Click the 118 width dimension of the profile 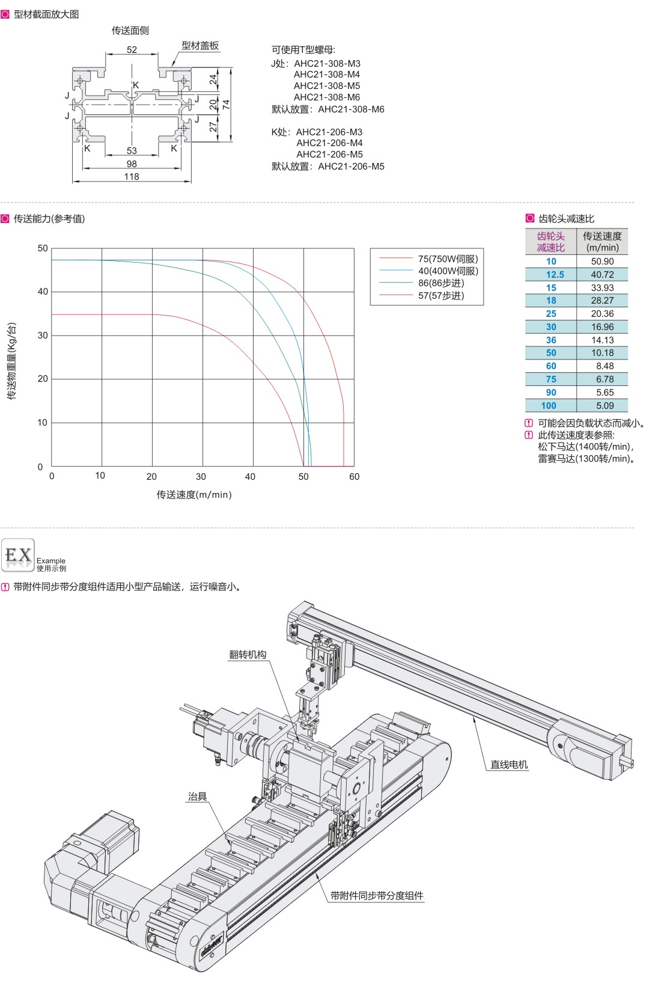132,176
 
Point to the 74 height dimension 226,105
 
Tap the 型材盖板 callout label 200,46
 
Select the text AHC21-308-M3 327,64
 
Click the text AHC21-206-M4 329,143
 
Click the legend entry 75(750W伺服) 448,259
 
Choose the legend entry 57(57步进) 440,295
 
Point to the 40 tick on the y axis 43,292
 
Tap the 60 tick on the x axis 354,477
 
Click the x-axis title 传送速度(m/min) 194,495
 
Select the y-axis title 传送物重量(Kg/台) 12,361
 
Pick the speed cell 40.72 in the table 602,275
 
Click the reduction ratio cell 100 549,405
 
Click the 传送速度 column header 602,241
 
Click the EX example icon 18,555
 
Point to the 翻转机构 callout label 248,655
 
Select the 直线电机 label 509,765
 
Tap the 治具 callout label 197,797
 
